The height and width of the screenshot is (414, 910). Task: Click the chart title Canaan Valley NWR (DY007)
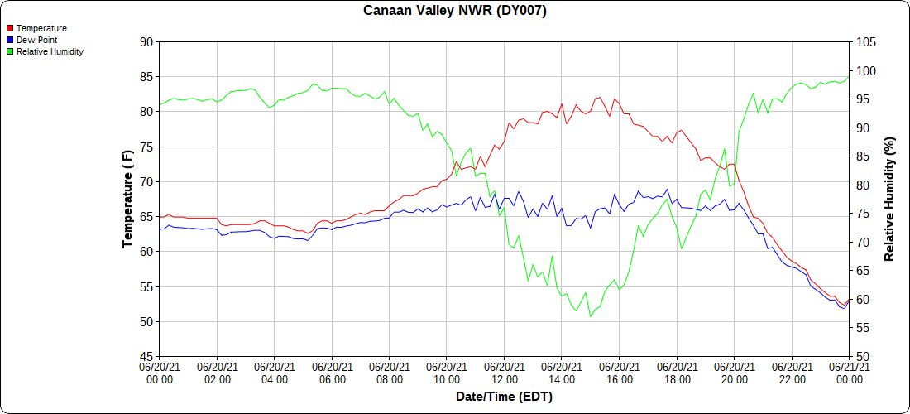coord(455,11)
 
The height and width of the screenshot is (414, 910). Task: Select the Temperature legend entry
coord(41,28)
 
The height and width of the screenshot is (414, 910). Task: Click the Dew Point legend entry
coord(38,40)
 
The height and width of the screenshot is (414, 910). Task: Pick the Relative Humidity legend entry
coord(50,51)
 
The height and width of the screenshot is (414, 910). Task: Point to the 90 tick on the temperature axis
coord(146,41)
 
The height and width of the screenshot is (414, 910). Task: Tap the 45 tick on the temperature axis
coord(146,356)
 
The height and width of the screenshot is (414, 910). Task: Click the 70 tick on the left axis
coord(146,181)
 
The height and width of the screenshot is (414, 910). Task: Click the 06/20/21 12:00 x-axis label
coord(505,373)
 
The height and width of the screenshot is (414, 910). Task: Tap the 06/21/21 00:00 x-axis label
coord(849,373)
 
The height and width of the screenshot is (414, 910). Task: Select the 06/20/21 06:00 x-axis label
coord(332,373)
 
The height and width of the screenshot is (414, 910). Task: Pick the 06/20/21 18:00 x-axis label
coord(677,373)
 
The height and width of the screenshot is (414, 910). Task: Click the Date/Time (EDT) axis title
coord(504,397)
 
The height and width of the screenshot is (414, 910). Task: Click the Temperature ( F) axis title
coord(127,199)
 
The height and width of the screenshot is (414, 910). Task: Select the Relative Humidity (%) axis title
coord(890,199)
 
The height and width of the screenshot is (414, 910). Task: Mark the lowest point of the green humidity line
coord(591,316)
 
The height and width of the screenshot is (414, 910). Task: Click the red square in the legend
coord(10,28)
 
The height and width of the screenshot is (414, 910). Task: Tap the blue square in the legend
coord(10,40)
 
